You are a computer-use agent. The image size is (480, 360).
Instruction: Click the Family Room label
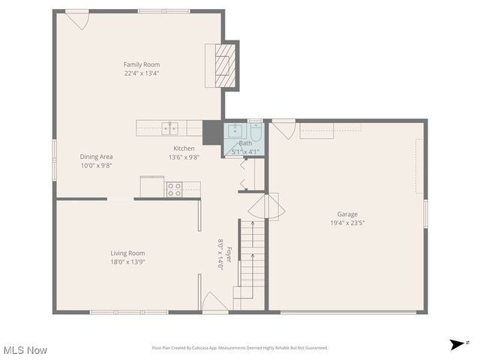click(x=142, y=64)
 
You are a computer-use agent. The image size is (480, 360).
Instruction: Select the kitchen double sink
click(x=169, y=127)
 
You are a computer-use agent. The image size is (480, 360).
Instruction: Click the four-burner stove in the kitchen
click(x=173, y=189)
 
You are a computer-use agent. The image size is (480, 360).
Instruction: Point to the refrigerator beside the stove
click(x=152, y=187)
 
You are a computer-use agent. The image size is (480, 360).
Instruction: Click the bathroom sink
click(x=233, y=130)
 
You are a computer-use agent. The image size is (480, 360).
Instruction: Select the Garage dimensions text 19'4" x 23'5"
click(x=347, y=223)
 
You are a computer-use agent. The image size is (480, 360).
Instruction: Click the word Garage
click(x=347, y=214)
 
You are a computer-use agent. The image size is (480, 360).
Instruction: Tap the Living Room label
click(x=127, y=253)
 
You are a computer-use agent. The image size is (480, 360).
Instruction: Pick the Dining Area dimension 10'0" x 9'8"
click(x=96, y=166)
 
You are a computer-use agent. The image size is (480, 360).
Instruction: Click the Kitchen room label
click(x=184, y=148)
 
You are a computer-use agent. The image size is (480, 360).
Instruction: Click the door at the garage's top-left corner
click(x=283, y=129)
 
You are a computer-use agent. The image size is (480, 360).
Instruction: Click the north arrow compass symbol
click(x=457, y=344)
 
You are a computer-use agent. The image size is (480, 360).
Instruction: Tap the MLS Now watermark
click(x=25, y=350)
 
